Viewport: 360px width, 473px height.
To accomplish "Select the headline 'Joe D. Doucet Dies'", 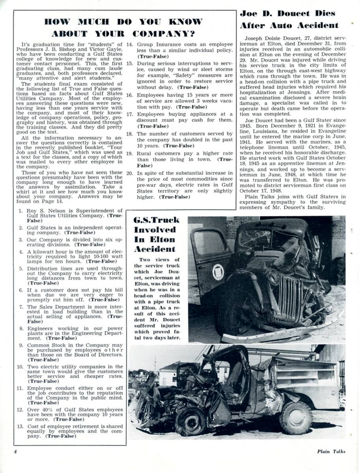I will [x=287, y=13].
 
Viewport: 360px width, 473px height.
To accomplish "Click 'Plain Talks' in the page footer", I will [x=331, y=452].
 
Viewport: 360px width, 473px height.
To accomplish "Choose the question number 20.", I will [x=129, y=173].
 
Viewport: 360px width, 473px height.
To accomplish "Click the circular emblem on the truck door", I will [x=218, y=272].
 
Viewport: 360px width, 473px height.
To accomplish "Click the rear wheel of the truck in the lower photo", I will [x=295, y=417].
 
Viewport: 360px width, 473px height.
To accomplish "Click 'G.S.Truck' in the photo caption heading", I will [x=157, y=220].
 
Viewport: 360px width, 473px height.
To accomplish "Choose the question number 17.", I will [x=129, y=114].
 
